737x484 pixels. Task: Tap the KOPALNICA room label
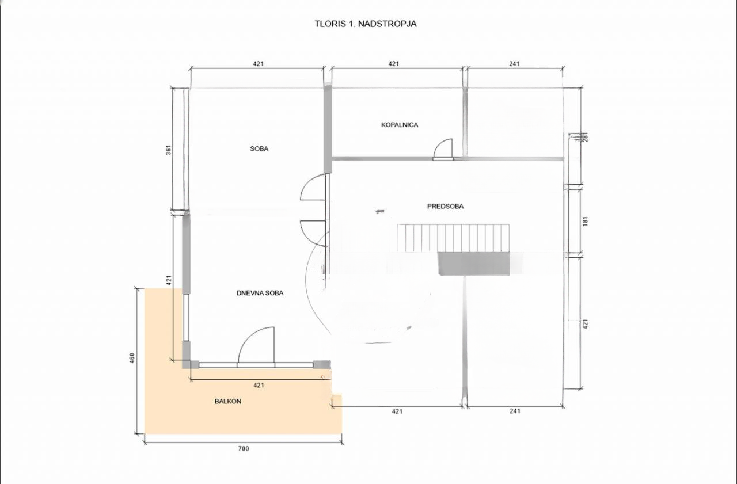(399, 125)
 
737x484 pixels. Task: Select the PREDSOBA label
(446, 206)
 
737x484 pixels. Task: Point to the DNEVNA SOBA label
(260, 293)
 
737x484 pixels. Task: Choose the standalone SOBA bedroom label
(259, 148)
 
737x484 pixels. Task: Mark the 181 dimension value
(586, 221)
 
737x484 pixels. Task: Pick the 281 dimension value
(586, 139)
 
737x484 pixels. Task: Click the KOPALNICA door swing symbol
(443, 149)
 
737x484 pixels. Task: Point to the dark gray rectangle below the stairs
(474, 264)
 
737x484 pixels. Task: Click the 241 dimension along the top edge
(514, 64)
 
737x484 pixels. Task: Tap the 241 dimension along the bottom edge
(515, 411)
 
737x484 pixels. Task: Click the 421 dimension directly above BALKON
(259, 385)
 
